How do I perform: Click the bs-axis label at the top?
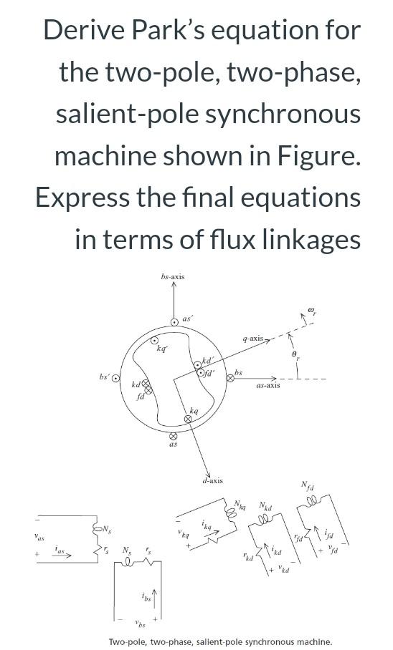coord(173,277)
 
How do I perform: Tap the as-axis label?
coord(267,385)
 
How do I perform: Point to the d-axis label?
coord(212,480)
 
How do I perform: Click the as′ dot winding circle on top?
coord(174,323)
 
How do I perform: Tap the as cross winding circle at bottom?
coord(173,435)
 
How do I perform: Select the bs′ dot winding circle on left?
coord(115,378)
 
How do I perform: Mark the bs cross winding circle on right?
coord(231,378)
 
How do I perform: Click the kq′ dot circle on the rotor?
coord(154,341)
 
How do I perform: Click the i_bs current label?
coord(146,596)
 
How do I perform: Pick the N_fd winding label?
coord(307,487)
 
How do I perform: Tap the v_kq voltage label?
coord(184,533)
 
